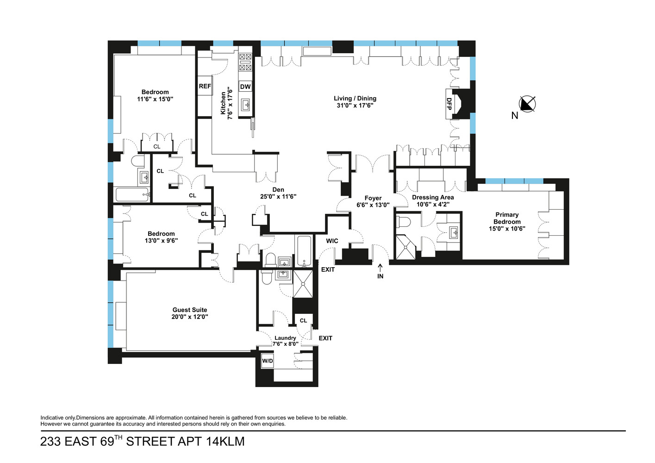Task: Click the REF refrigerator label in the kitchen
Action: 205,86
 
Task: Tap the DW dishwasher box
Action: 245,87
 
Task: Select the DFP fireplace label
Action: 449,104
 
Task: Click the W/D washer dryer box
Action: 268,361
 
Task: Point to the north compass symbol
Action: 527,104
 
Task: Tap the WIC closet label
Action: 332,241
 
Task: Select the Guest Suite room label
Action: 190,310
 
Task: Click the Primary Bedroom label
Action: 507,218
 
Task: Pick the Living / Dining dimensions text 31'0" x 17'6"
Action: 355,105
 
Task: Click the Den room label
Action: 278,189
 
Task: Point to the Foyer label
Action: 373,198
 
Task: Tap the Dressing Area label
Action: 433,197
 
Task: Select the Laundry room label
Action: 285,338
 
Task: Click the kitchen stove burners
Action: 245,62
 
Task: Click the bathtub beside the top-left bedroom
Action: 132,194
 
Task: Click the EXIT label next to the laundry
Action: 325,338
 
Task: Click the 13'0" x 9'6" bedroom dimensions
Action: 161,240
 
